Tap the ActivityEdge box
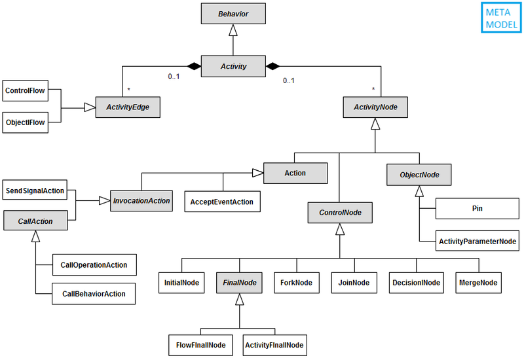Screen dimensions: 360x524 (x=128, y=107)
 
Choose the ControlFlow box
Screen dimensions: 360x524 (x=25, y=91)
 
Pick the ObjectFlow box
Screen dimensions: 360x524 (x=25, y=122)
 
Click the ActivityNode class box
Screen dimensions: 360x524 (x=375, y=107)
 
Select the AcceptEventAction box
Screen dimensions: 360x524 (x=222, y=201)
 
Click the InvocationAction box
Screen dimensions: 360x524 (x=141, y=201)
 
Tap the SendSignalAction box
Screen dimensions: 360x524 (x=35, y=190)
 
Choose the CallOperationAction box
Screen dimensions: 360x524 (x=93, y=264)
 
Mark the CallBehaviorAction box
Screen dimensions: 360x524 (x=93, y=294)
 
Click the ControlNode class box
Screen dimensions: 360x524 (x=339, y=212)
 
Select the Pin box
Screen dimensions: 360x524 (x=477, y=209)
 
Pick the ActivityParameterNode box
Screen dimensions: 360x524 (x=477, y=240)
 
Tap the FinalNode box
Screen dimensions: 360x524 (x=239, y=283)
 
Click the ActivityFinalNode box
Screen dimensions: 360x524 (x=274, y=344)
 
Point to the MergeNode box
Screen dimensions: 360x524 (x=478, y=283)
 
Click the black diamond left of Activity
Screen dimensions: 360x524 (x=193, y=66)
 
